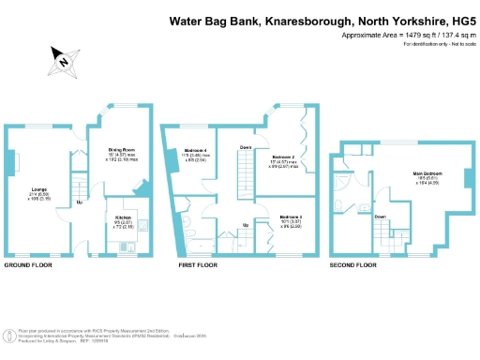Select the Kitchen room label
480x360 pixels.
[x=124, y=218]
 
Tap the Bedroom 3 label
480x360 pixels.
[x=290, y=217]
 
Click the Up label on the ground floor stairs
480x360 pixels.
[x=80, y=202]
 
